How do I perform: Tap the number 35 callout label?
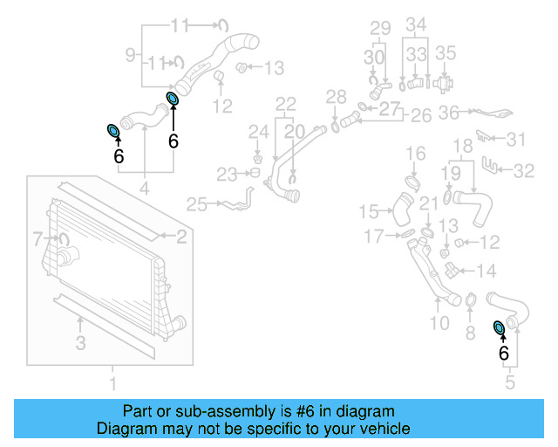click(x=446, y=53)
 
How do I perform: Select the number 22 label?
click(x=286, y=105)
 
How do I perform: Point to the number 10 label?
click(x=439, y=323)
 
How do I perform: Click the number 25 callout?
click(x=198, y=205)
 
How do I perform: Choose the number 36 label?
click(x=448, y=113)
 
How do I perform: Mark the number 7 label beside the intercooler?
click(x=37, y=237)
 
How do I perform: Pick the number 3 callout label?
click(x=80, y=343)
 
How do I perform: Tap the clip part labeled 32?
click(x=493, y=165)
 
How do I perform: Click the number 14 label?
click(x=487, y=271)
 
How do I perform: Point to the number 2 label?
click(x=181, y=235)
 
